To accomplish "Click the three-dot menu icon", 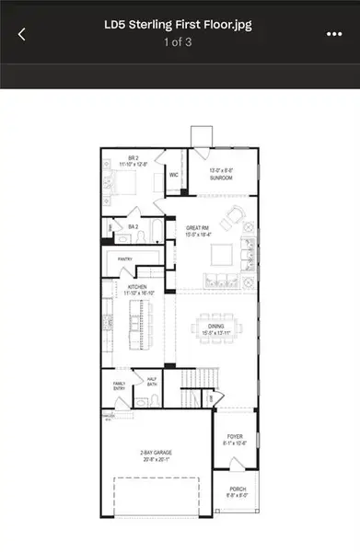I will click(x=334, y=34).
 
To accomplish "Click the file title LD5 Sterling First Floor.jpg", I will click(x=179, y=26).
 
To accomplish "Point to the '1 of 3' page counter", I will click(x=179, y=42).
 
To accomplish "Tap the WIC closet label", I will click(x=173, y=174).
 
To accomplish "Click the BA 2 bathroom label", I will click(x=134, y=225).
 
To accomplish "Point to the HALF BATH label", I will click(x=153, y=380).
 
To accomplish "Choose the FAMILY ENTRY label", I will click(x=120, y=385).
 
